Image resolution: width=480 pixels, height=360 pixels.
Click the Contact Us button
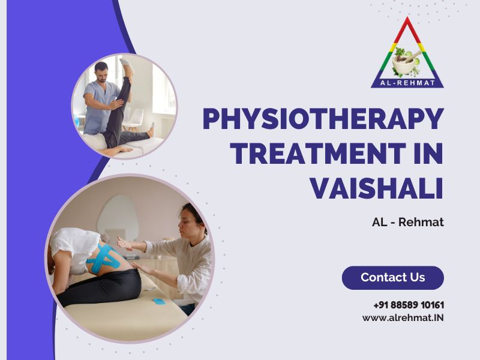[x=393, y=278]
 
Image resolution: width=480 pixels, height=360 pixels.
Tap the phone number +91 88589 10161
[x=409, y=305]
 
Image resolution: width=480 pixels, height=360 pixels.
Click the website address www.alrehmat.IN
[x=403, y=318]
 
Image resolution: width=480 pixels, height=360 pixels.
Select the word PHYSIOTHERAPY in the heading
[x=323, y=119]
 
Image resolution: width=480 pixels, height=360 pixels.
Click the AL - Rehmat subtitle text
[x=408, y=222]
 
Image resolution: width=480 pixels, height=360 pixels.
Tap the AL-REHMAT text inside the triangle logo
[x=407, y=83]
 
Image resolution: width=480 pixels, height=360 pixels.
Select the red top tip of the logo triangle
[x=407, y=19]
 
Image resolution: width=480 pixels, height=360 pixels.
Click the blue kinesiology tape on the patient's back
[x=103, y=258]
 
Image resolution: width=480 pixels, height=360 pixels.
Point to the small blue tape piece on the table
[x=159, y=302]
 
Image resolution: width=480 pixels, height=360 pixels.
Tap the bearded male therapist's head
[x=101, y=71]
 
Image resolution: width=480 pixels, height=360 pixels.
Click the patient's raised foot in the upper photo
[x=126, y=64]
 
